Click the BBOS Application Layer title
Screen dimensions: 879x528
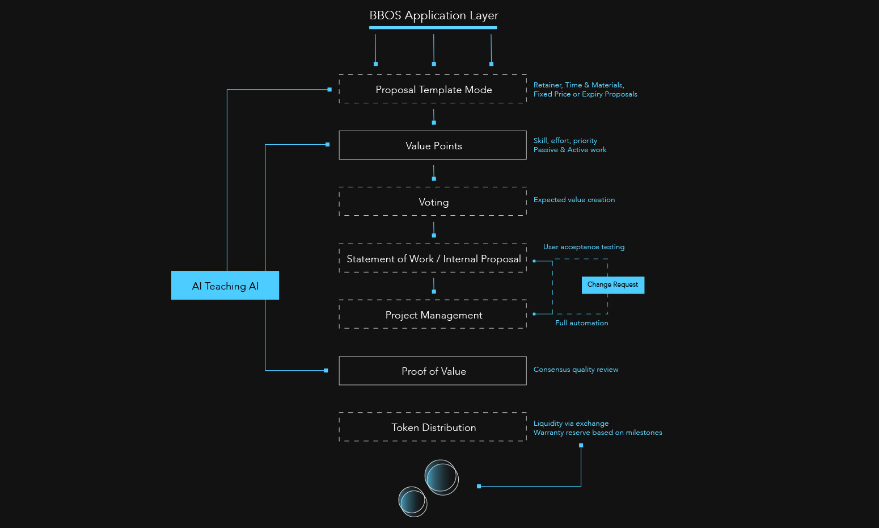click(434, 15)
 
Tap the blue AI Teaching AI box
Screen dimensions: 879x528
click(225, 285)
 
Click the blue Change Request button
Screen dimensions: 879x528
click(613, 285)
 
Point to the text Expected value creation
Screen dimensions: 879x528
click(574, 200)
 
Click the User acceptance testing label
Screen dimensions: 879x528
click(584, 247)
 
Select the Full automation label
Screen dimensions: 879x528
click(581, 323)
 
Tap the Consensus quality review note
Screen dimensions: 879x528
click(576, 370)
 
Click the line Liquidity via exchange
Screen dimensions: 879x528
click(571, 424)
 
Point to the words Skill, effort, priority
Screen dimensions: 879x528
click(565, 141)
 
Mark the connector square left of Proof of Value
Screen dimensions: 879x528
click(326, 371)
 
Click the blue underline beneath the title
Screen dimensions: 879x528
click(433, 27)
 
